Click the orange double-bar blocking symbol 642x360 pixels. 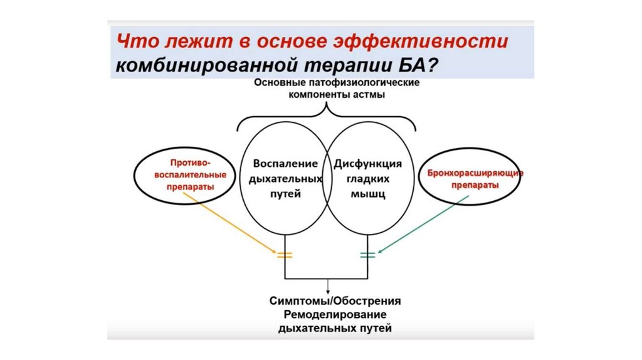click(x=285, y=255)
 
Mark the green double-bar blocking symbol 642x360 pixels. click(x=367, y=255)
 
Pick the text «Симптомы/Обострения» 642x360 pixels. click(x=335, y=300)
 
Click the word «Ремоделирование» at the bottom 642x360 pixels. click(x=335, y=314)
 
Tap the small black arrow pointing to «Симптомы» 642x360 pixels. click(x=327, y=285)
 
